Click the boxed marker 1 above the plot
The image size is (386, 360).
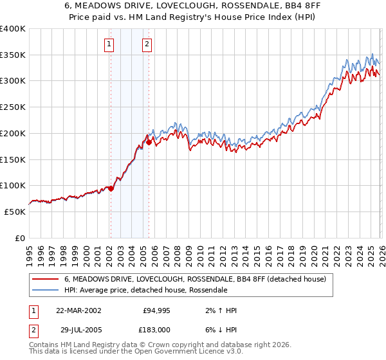(x=109, y=44)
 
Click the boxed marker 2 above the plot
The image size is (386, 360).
(x=147, y=44)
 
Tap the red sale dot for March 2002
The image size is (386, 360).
(x=111, y=188)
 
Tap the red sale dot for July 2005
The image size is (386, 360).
(x=149, y=142)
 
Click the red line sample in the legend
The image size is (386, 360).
(x=46, y=280)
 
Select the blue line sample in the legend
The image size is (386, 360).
(x=46, y=290)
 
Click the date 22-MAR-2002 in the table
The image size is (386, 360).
(x=78, y=310)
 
